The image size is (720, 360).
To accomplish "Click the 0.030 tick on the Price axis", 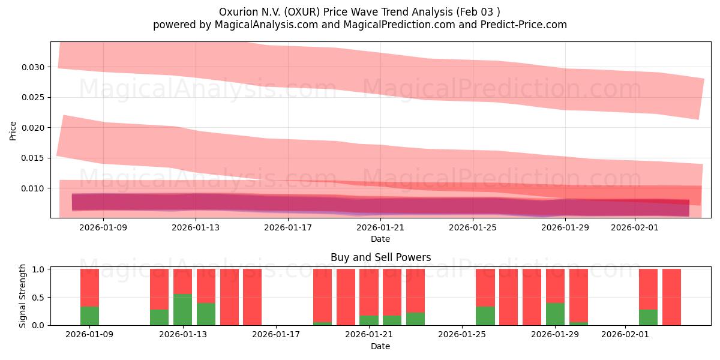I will (x=34, y=67).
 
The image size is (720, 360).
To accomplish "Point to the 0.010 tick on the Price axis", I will (x=34, y=188).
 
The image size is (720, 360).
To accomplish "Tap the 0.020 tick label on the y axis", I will (x=34, y=128).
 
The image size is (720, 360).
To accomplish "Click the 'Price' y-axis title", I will (x=13, y=130).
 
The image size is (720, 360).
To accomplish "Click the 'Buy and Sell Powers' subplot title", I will (x=380, y=258).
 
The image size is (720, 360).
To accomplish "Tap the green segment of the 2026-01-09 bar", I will (x=89, y=316).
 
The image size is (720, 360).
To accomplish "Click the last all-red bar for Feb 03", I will (x=671, y=297).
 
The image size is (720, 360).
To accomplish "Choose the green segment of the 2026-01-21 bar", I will (x=368, y=320).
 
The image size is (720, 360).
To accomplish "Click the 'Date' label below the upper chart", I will (x=380, y=239).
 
